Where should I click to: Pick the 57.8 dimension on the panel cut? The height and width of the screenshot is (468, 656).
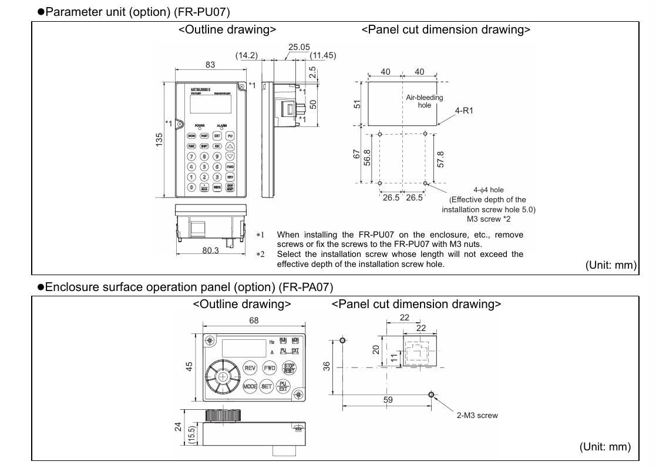(x=440, y=159)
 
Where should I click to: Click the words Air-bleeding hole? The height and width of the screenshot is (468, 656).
(x=425, y=101)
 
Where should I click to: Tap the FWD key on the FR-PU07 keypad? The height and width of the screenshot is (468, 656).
(x=230, y=167)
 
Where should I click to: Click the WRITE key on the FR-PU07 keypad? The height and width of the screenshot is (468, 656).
(x=217, y=186)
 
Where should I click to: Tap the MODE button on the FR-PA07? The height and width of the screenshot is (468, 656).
(x=251, y=386)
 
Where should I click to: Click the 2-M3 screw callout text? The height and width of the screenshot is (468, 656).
(x=477, y=415)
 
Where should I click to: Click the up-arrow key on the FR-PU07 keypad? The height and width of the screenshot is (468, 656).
(x=230, y=146)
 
